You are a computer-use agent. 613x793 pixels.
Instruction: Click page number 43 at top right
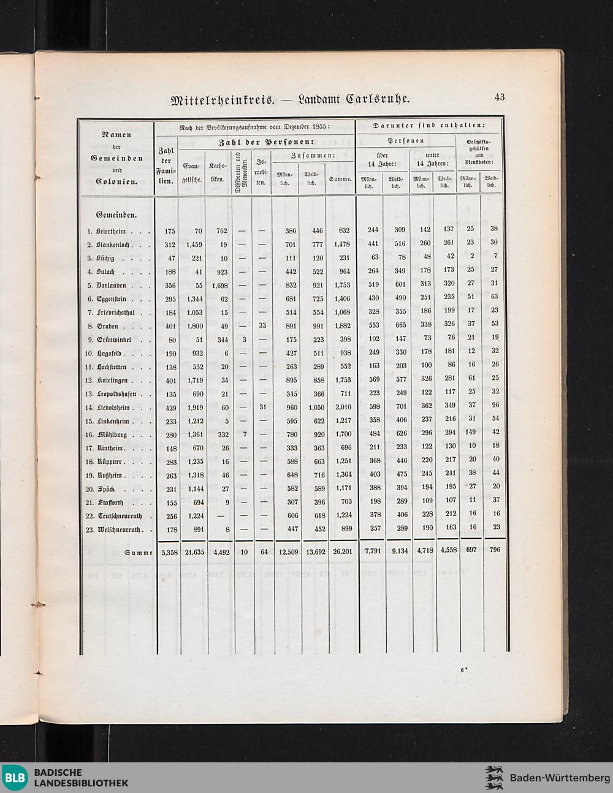[x=500, y=97]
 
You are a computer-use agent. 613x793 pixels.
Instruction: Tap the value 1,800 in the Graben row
[x=194, y=325]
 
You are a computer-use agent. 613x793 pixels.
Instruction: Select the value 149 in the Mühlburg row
[x=470, y=434]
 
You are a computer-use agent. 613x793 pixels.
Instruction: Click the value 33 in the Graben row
[x=262, y=325]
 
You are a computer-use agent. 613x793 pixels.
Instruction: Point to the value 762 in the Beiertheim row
[x=221, y=230]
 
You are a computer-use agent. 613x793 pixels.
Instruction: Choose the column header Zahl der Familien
[x=166, y=165]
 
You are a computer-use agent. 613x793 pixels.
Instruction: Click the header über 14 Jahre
[x=383, y=160]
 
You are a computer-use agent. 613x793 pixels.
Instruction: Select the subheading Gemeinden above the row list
[x=116, y=215]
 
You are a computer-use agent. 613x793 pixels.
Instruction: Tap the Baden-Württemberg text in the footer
[x=560, y=778]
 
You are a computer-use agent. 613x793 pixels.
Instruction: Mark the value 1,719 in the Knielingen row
[x=194, y=380]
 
